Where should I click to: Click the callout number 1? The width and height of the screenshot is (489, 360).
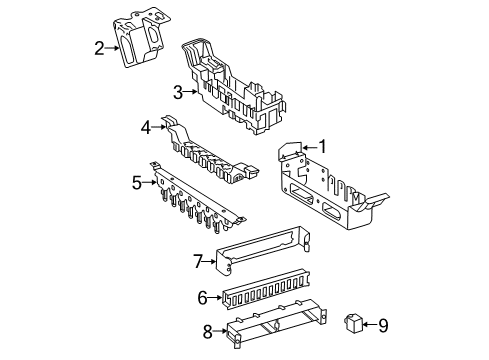click(323, 147)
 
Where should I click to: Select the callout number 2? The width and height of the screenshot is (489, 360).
click(99, 49)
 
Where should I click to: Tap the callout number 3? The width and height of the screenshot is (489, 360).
click(178, 92)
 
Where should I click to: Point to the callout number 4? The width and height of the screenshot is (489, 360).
click(146, 127)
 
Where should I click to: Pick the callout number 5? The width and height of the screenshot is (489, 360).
click(137, 183)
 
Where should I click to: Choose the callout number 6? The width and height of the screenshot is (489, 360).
click(202, 298)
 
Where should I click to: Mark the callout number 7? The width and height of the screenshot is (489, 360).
click(198, 261)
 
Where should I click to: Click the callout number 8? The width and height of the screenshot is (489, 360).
click(207, 331)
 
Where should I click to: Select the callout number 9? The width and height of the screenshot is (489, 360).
click(383, 325)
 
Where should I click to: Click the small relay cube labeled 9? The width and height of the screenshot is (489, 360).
click(353, 323)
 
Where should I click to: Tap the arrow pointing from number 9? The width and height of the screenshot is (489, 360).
click(370, 324)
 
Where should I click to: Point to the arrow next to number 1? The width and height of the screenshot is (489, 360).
click(310, 147)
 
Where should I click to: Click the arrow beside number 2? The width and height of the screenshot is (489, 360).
click(112, 49)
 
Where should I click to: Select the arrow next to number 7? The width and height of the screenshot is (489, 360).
click(209, 262)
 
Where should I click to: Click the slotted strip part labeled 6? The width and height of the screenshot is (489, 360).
click(266, 288)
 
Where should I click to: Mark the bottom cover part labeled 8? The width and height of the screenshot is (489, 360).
click(277, 323)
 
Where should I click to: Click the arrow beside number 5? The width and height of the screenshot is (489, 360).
click(149, 183)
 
